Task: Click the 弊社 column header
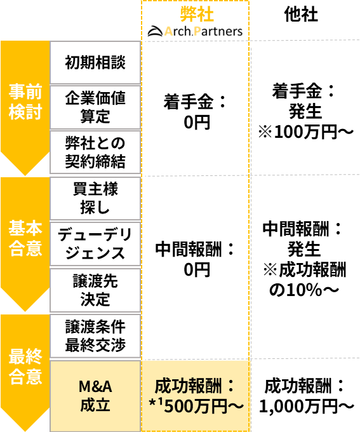pos(197,15)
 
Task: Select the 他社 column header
pos(301,15)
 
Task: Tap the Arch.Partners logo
pos(195,31)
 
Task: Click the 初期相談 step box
pos(95,62)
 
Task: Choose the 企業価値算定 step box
pos(95,107)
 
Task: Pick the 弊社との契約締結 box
pos(95,152)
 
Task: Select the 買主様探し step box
pos(95,198)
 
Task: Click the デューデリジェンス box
pos(95,244)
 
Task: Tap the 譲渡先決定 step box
pos(95,290)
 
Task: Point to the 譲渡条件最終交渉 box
pos(95,336)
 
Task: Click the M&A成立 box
pos(95,396)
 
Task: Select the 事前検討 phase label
pos(25,102)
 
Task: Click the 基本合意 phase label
pos(25,238)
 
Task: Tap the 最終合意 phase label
pos(25,367)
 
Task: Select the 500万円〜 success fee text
pos(204,406)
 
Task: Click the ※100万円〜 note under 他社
pos(306,132)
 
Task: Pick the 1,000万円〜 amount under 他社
pos(307,406)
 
